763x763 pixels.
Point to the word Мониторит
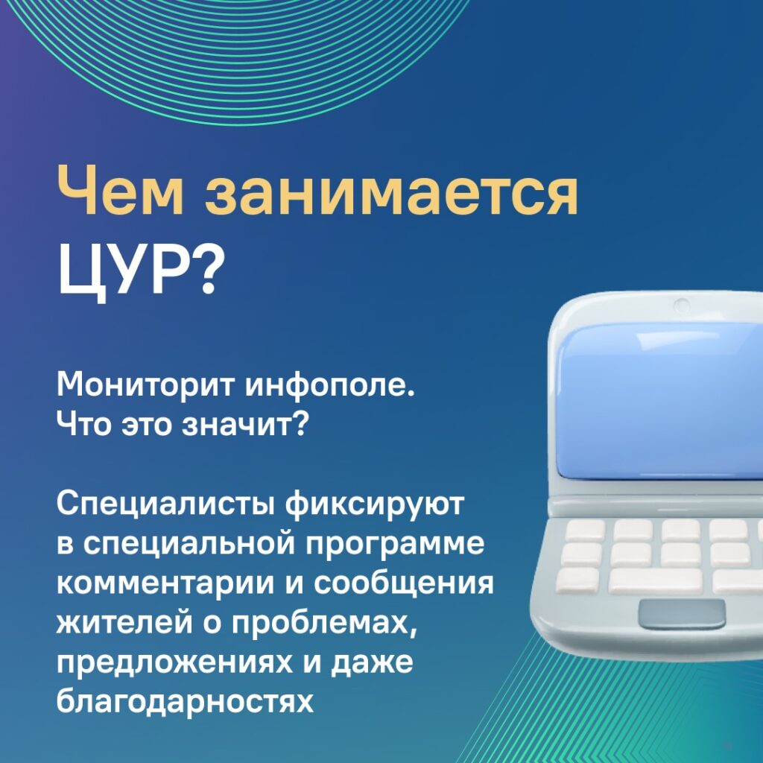tap(147, 385)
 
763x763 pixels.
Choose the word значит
tap(244, 424)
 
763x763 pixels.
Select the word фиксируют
tap(374, 504)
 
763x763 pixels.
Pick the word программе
tap(395, 545)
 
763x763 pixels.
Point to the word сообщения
tap(403, 583)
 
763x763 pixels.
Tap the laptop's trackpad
tap(681, 614)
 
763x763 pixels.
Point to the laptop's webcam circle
tap(681, 306)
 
